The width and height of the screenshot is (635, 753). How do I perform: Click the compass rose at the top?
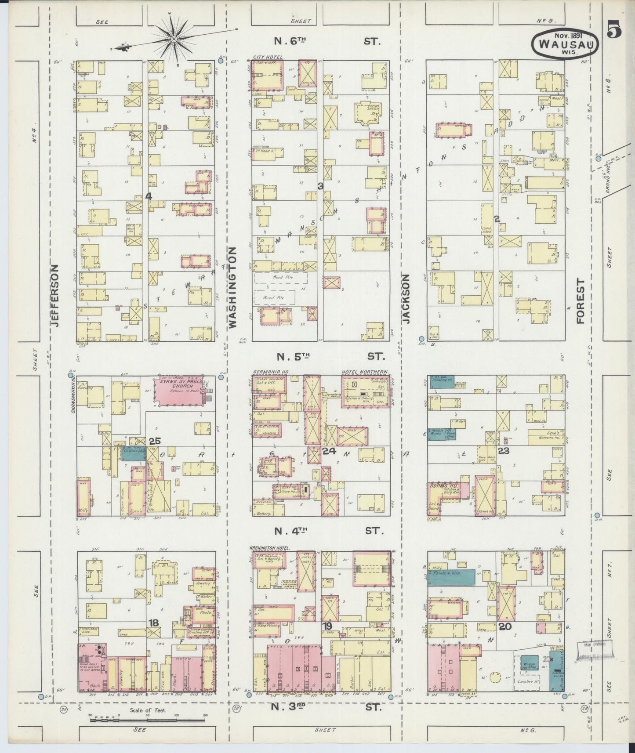coord(174,40)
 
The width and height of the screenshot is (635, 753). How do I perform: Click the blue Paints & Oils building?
coord(451,577)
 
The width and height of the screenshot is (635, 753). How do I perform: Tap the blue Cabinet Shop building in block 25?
coord(133,453)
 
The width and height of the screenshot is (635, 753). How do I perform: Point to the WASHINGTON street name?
coord(232,287)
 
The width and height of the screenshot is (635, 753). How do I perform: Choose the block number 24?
coord(329,451)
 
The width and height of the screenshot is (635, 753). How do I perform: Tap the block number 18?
coord(153,623)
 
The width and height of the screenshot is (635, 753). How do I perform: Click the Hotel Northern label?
coord(364,372)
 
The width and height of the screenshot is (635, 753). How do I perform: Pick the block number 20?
coord(504,626)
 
